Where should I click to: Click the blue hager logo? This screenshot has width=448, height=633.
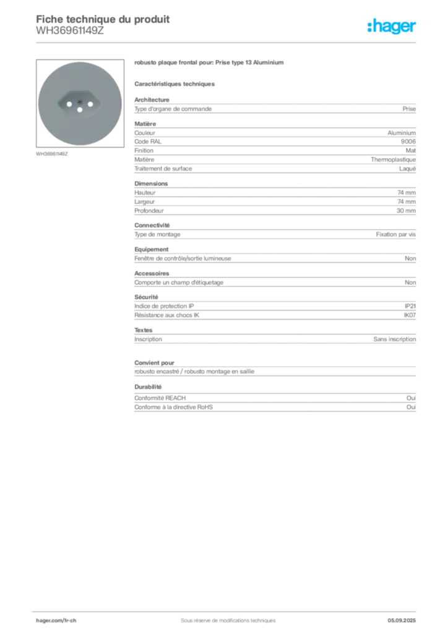pyautogui.click(x=392, y=27)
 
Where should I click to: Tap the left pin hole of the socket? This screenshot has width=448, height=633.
pyautogui.click(x=66, y=104)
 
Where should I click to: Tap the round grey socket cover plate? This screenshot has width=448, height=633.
pyautogui.click(x=79, y=127)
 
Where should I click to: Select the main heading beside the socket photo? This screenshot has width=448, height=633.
pyautogui.click(x=210, y=64)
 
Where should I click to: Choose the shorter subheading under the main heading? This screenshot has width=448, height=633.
pyautogui.click(x=176, y=83)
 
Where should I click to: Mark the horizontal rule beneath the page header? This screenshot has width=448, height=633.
pyautogui.click(x=228, y=43)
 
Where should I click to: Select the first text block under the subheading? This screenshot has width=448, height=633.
pyautogui.click(x=275, y=108)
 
